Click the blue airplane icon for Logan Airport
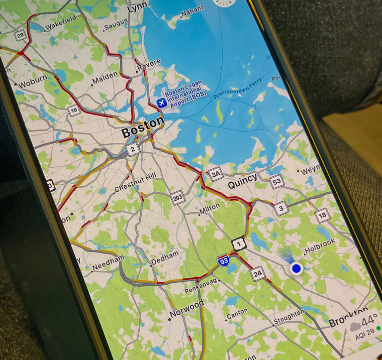tap(161, 103)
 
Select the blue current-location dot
tap(297, 269)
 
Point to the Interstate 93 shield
tap(223, 260)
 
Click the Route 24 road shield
tap(258, 273)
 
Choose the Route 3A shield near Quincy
tap(215, 174)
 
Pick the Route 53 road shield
tap(277, 181)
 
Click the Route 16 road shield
tap(75, 111)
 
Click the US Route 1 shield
tap(239, 243)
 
